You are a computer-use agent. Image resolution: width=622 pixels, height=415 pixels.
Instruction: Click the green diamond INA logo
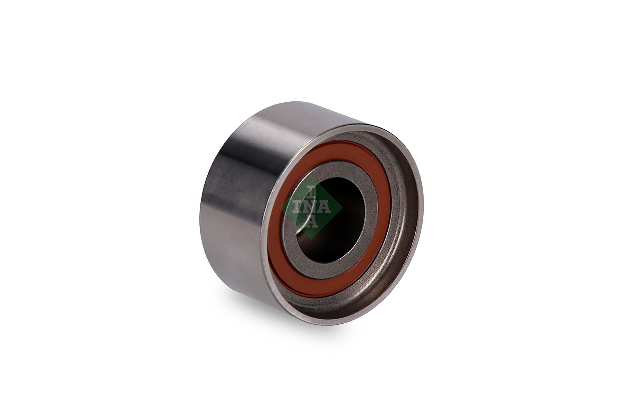(311, 207)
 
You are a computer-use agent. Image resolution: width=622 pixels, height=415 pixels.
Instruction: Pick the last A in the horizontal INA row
(325, 207)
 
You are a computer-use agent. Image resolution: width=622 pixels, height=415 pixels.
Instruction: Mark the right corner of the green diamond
(342, 207)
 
